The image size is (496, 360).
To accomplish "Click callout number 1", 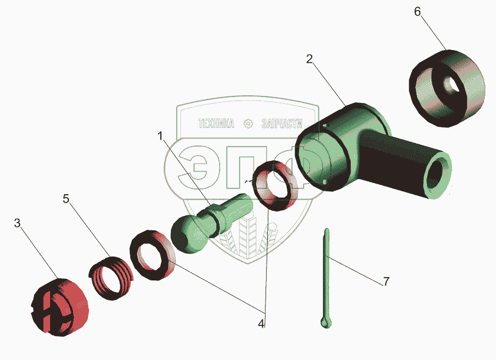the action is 160,136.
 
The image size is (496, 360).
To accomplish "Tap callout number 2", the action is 310,59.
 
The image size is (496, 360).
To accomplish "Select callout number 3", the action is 17,223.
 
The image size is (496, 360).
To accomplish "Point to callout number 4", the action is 261,324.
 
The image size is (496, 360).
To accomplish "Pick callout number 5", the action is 66,199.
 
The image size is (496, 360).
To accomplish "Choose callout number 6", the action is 418,12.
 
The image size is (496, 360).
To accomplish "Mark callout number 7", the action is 386,282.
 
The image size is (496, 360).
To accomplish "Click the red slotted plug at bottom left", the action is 60,307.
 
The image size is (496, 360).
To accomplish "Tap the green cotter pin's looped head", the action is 325,323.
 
